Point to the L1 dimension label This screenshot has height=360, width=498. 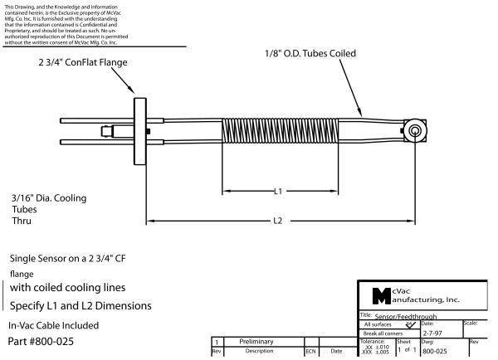point(279,191)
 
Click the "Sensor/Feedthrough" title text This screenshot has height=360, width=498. point(399,315)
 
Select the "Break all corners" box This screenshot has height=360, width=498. point(384,333)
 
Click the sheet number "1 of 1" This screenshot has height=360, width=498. point(406,351)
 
